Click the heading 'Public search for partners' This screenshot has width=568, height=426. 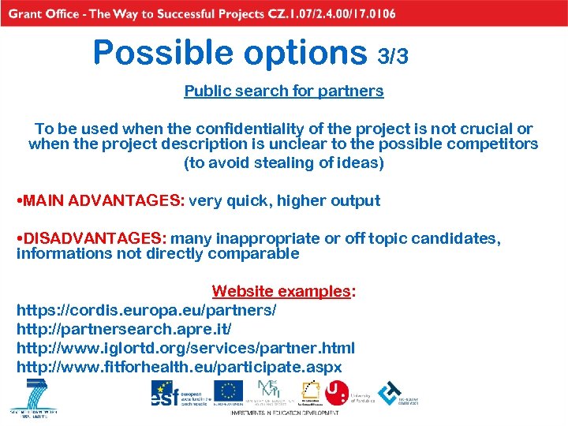(x=284, y=91)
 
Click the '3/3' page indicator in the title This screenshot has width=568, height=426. (x=393, y=56)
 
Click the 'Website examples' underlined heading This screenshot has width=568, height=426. (x=281, y=292)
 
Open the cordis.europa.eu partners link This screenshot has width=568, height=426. (x=146, y=311)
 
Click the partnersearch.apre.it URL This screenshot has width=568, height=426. (x=124, y=329)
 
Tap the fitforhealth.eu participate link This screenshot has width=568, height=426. (x=179, y=367)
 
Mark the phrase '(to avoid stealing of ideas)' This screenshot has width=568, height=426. (x=284, y=163)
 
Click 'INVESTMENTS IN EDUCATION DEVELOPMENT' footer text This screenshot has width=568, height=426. (x=284, y=413)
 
